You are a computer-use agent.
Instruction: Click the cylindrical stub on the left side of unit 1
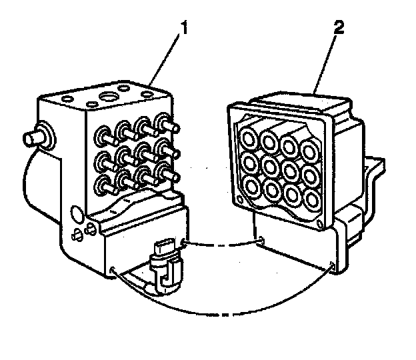31,139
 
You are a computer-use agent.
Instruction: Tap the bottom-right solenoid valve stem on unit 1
167,175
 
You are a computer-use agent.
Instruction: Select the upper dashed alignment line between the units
220,244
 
